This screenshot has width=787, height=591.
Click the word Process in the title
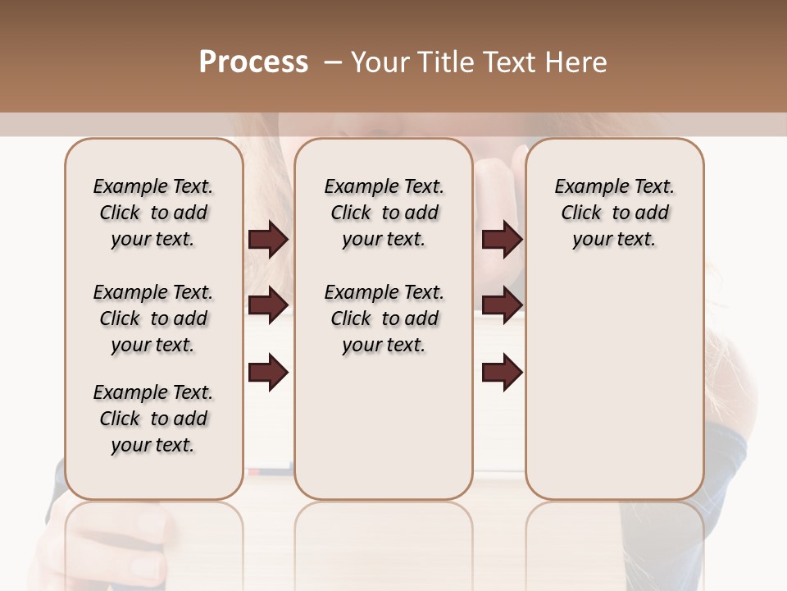coord(253,62)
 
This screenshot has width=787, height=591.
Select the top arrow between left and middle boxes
coord(268,239)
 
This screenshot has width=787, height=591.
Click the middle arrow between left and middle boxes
coord(268,305)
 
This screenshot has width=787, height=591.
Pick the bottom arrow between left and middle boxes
coord(268,372)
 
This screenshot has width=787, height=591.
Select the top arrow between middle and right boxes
coord(502,239)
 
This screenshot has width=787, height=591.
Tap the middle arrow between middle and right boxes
coord(502,305)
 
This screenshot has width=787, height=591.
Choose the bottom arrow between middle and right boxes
coord(502,372)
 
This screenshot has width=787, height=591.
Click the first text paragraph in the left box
coord(153,213)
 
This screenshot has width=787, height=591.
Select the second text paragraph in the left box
coord(153,318)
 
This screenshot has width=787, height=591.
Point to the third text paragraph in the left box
coord(153,419)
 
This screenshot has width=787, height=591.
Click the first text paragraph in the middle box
coord(384,213)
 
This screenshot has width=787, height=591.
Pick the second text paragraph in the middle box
coord(384,318)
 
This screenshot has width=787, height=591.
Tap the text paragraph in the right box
coord(615,213)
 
